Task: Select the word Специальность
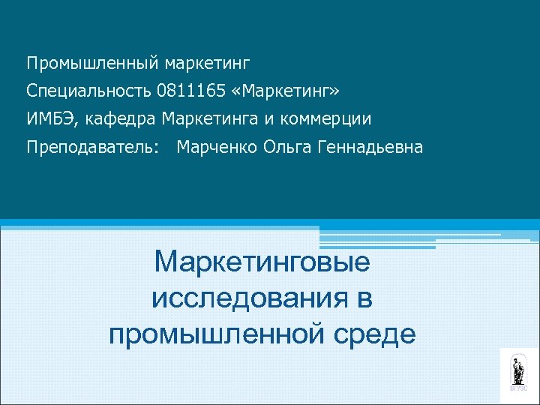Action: click(x=89, y=91)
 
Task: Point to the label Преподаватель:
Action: click(x=93, y=148)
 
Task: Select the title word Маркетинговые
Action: click(x=262, y=263)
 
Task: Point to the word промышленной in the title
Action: click(x=212, y=333)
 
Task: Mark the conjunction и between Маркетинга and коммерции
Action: click(x=275, y=119)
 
